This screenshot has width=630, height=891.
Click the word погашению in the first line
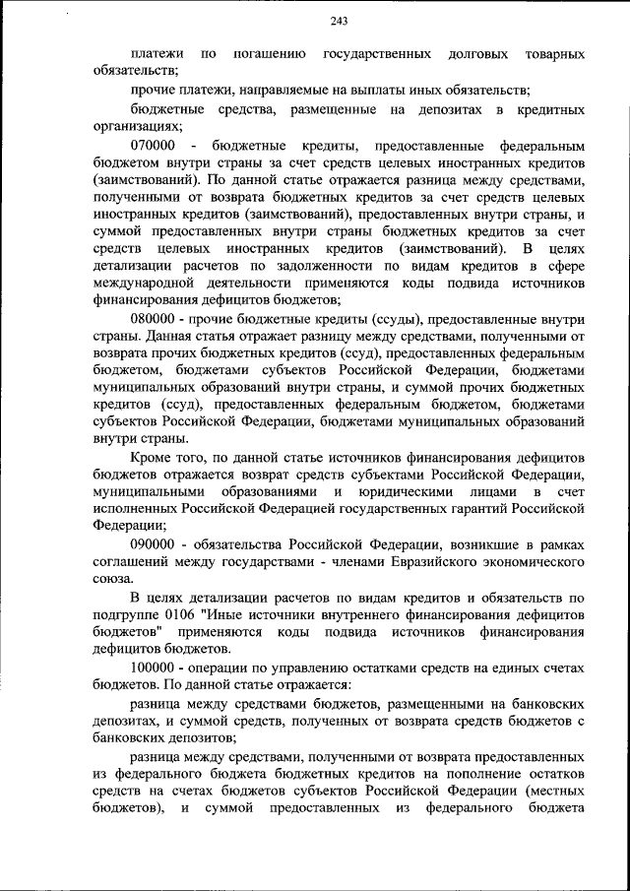pos(270,52)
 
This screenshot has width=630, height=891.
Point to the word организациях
pos(136,126)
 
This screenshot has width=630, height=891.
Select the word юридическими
pos(411,491)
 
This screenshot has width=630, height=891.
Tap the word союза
pos(111,580)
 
